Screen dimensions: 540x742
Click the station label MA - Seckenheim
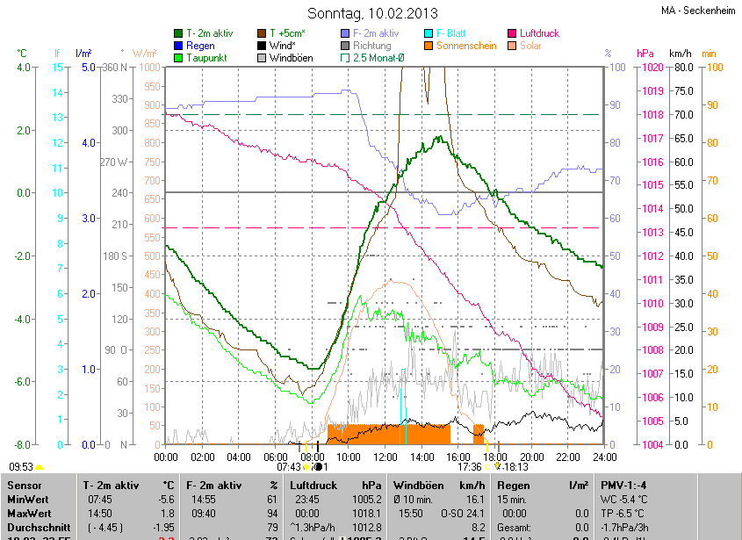pyautogui.click(x=697, y=11)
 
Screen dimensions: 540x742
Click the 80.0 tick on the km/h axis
pyautogui.click(x=684, y=68)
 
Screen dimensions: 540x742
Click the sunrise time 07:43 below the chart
pyautogui.click(x=288, y=467)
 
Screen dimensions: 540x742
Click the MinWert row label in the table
pyautogui.click(x=29, y=499)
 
